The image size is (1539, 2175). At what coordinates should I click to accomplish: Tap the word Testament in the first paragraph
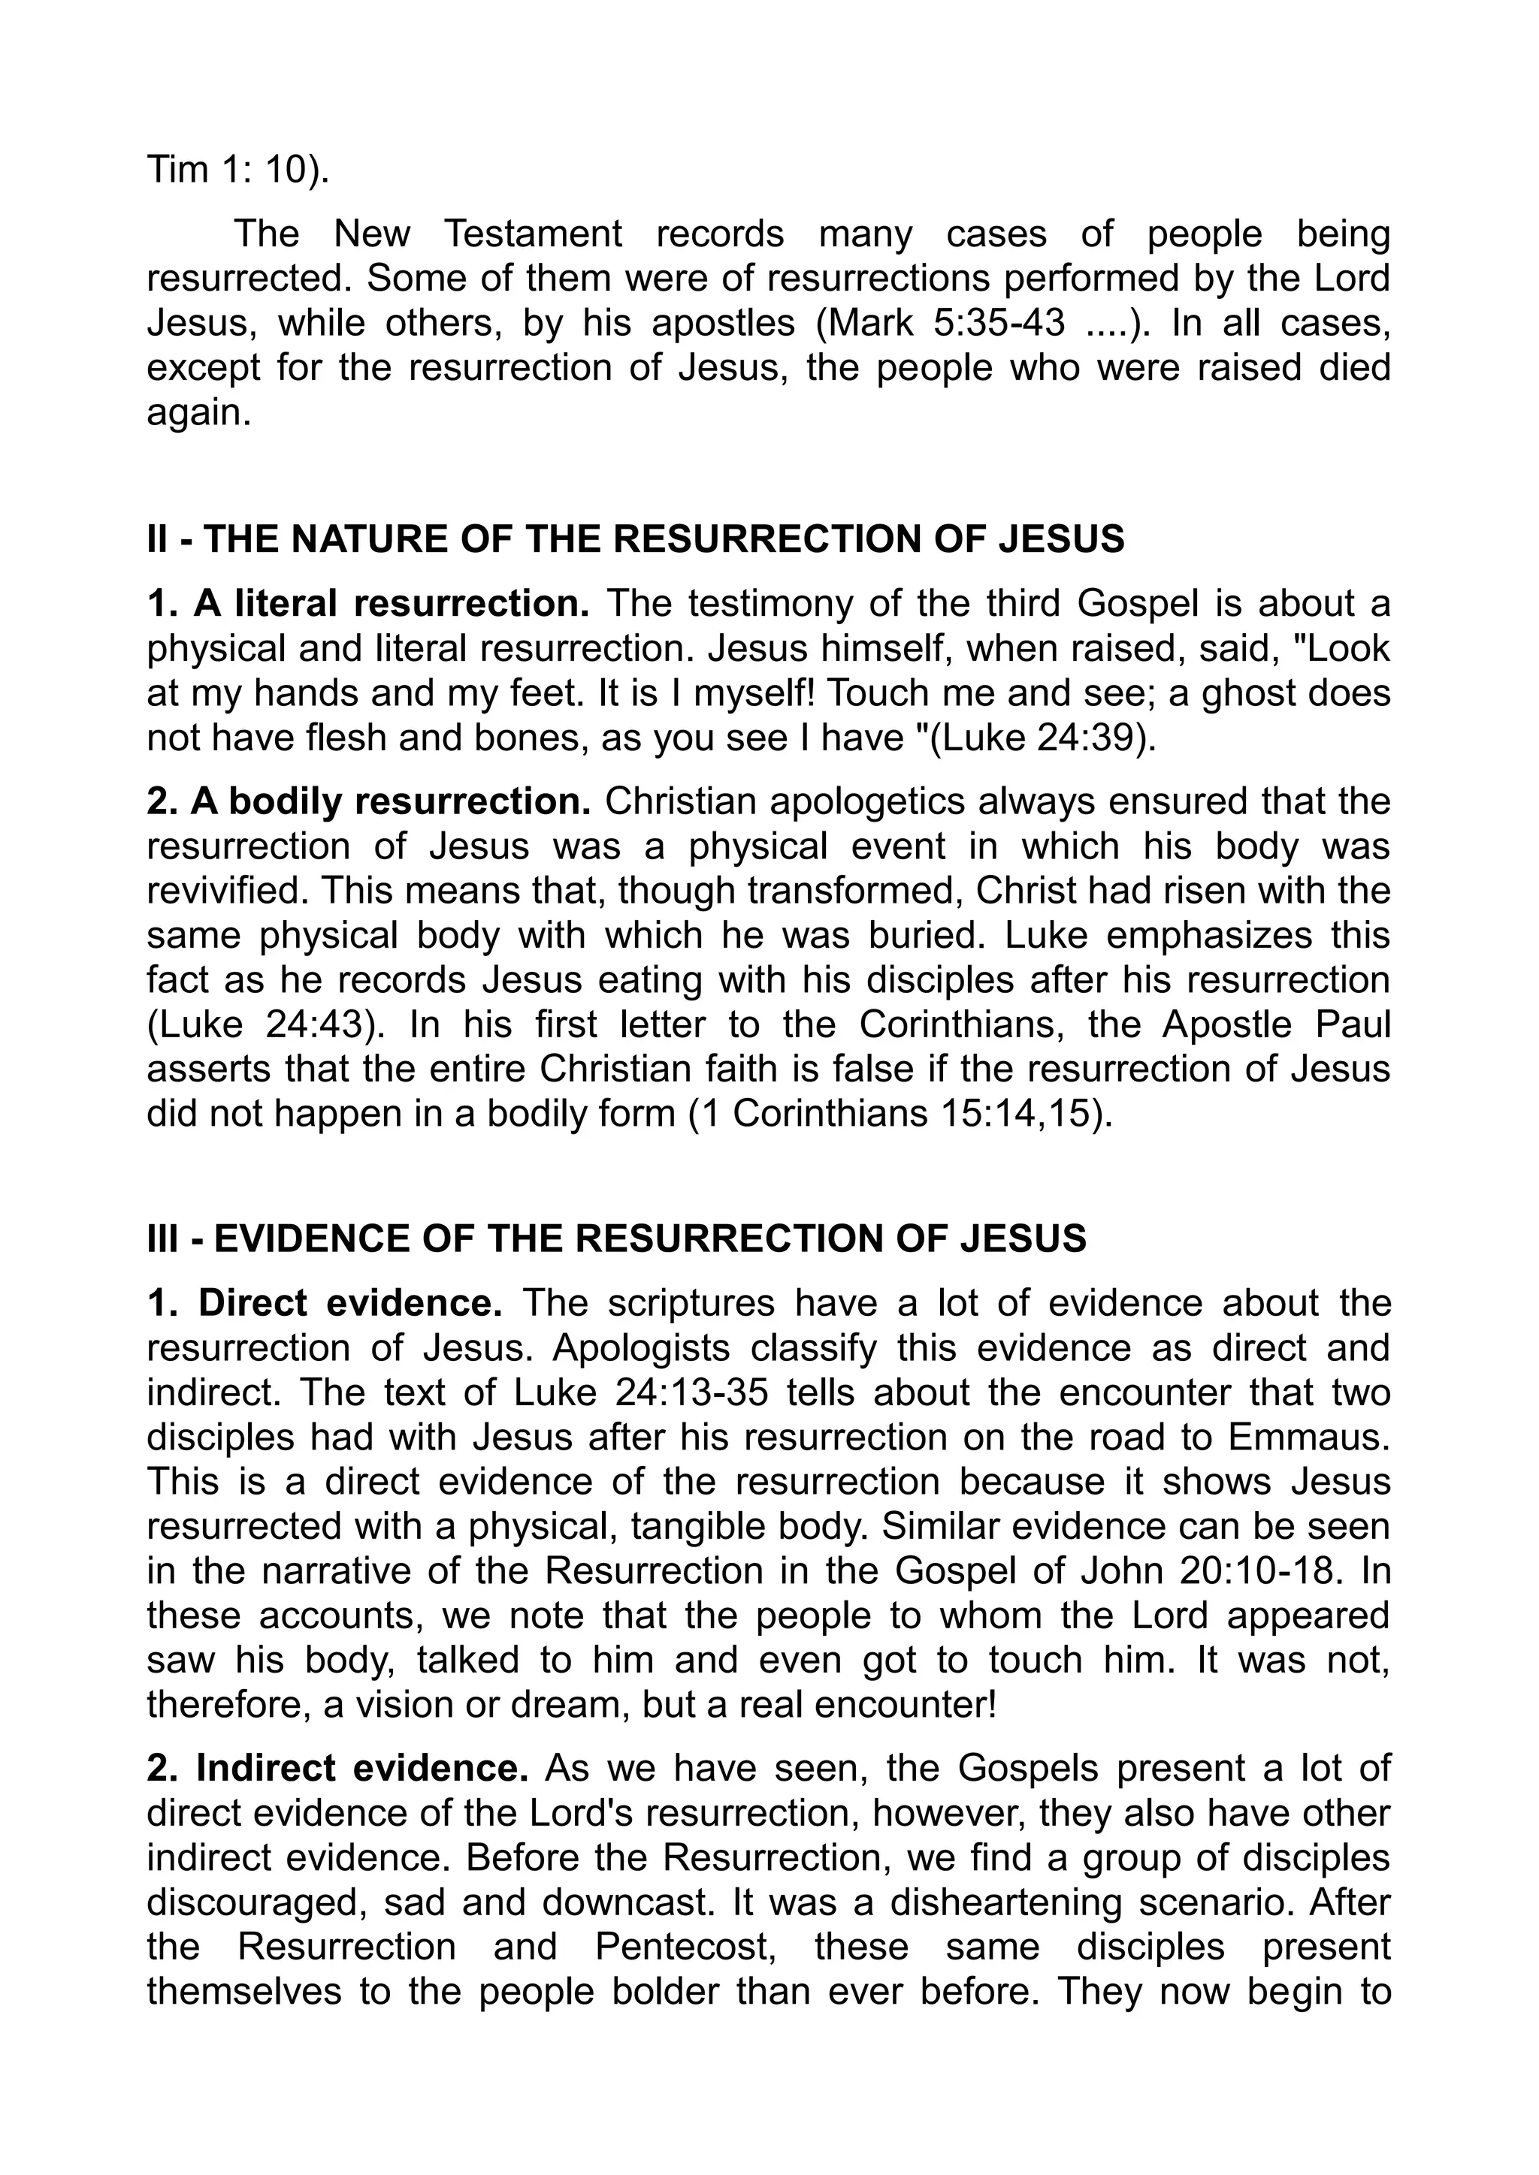click(x=534, y=234)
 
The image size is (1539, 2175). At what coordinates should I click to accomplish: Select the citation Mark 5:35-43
click(x=947, y=324)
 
